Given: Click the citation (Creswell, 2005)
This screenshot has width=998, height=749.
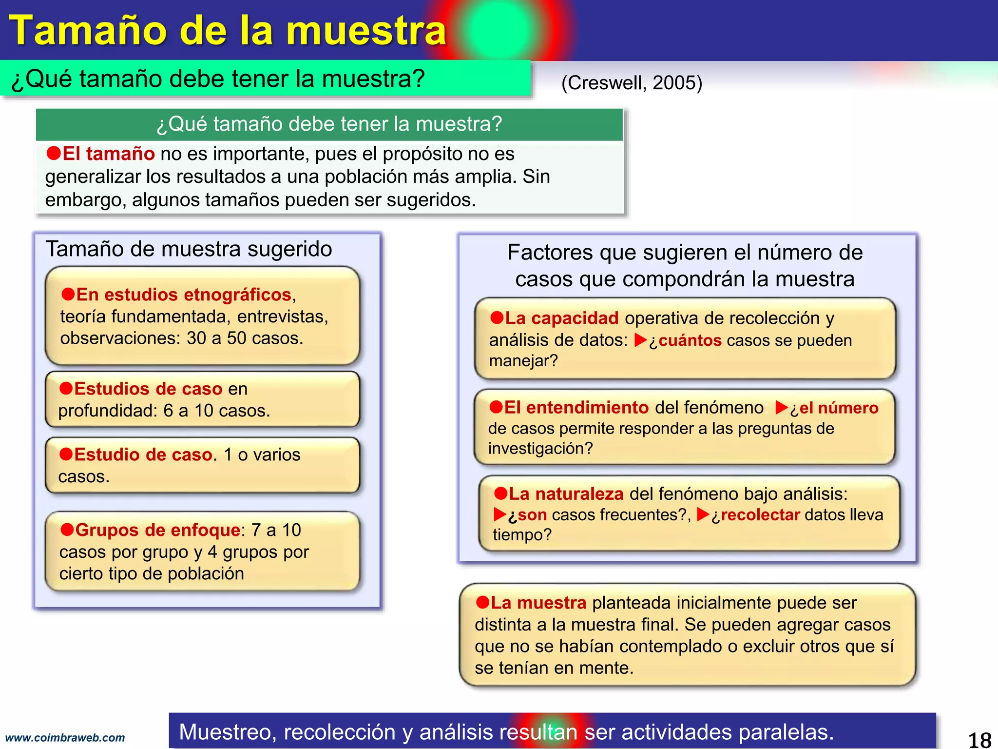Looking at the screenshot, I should point(632,83).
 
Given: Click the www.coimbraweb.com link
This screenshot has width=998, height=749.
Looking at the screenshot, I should point(65,738).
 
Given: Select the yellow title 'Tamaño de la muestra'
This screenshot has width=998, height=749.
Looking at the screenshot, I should point(228,30).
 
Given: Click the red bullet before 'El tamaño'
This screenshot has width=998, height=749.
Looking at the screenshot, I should point(53,153).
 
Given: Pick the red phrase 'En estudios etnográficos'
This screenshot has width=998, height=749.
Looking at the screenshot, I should point(184,295).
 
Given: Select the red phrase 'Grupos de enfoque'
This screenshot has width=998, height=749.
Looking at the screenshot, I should point(157,530).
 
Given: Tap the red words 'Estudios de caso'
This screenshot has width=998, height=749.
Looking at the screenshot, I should point(148,389).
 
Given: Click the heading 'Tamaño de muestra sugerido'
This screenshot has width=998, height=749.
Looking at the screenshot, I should point(189,249).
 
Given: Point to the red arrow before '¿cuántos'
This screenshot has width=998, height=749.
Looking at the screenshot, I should point(640,340).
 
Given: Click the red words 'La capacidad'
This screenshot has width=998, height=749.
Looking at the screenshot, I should point(561,318).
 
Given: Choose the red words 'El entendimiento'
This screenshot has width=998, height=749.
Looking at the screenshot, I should point(576,407).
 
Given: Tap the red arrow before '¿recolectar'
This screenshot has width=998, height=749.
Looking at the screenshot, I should point(703,514).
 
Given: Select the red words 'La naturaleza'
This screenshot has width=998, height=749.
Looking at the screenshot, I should point(566,494).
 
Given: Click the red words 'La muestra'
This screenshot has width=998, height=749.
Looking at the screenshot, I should point(538,603).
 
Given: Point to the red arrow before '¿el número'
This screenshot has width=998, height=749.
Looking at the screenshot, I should point(781,407).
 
